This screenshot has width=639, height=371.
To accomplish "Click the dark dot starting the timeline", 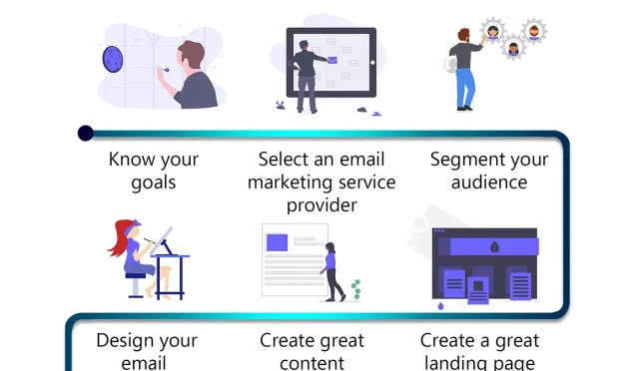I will pos(86,133).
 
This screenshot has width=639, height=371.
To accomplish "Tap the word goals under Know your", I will pos(153,183).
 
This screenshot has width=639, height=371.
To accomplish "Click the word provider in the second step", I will pos(321,205).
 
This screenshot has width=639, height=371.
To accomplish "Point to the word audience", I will pos(489,183).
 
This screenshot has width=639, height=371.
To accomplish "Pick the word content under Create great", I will pos(313,363).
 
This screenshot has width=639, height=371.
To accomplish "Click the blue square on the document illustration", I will pos(277,240).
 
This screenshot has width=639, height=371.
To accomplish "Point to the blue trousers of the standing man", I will pos(465,89).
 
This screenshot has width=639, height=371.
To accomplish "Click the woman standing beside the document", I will pos(331,270).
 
